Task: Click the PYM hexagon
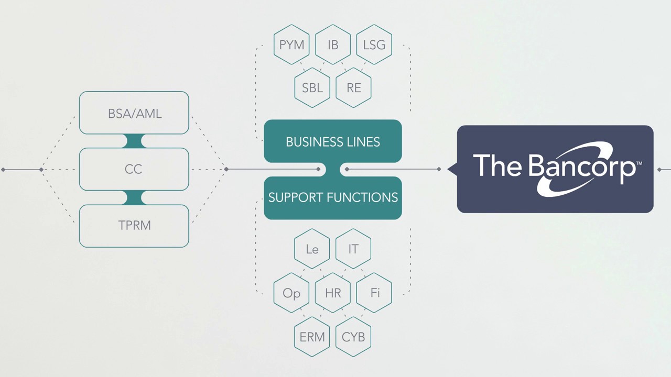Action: [x=291, y=45]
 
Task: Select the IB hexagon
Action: [x=333, y=45]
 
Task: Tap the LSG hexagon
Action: [x=374, y=45]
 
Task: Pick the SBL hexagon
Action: [x=312, y=87]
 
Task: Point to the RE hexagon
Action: [x=354, y=87]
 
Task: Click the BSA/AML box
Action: [x=134, y=113]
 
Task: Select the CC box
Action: [x=134, y=169]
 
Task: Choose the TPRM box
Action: [x=134, y=226]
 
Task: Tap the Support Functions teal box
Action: [x=333, y=197]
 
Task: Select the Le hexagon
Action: [x=312, y=249]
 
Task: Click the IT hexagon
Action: [x=354, y=249]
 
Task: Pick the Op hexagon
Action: [x=291, y=293]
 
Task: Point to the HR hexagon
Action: [x=333, y=293]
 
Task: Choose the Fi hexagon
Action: [x=374, y=293]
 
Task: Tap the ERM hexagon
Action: [x=312, y=337]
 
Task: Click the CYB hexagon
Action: [x=354, y=337]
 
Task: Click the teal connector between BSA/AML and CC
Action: [x=134, y=141]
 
